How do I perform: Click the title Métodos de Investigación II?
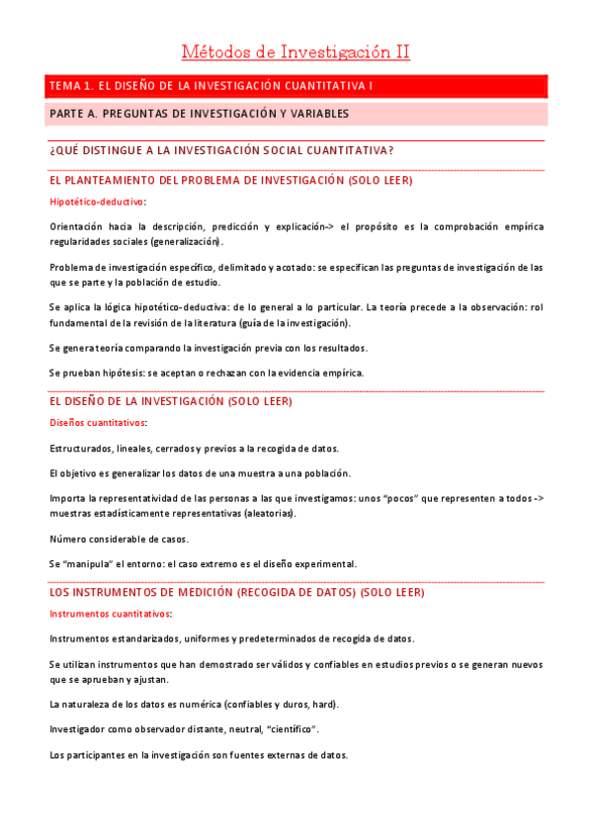point(296,51)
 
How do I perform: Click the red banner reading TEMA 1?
point(296,86)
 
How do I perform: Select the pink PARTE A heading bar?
point(296,114)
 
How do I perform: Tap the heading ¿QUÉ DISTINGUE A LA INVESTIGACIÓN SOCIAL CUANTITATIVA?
point(221,150)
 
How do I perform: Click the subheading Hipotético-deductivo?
point(97,202)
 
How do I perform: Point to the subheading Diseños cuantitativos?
point(98,423)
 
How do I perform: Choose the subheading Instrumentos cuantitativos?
point(110,614)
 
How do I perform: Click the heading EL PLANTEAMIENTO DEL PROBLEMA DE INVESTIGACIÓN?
point(230,181)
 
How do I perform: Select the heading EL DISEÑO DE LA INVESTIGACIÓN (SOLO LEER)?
point(170,402)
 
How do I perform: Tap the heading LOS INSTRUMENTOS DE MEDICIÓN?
point(236,593)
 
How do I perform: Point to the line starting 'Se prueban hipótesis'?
point(207,373)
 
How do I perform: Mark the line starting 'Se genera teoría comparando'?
point(208,348)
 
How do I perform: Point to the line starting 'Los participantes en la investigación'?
point(198,755)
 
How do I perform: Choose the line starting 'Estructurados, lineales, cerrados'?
point(194,448)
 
